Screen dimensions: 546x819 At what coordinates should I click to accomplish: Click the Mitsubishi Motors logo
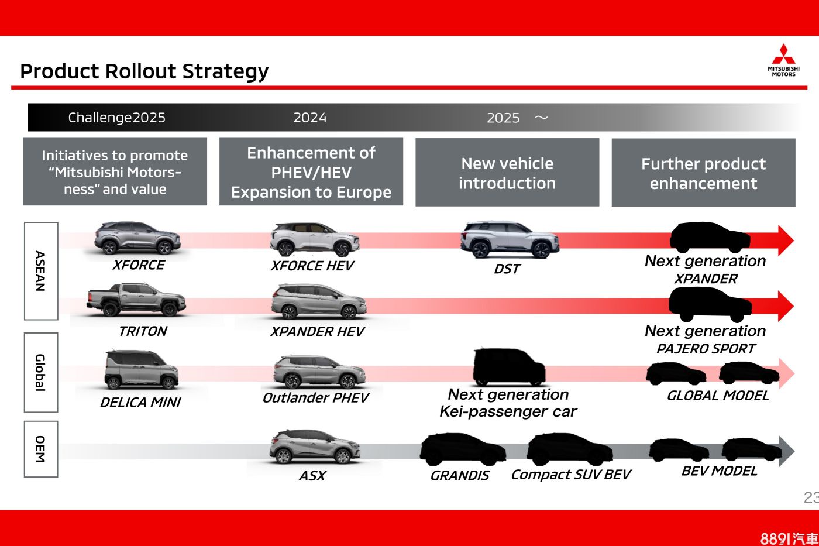(x=783, y=60)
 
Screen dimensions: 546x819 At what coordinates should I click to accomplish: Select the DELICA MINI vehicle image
(x=141, y=370)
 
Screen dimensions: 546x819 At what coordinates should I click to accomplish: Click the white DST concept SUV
(x=509, y=239)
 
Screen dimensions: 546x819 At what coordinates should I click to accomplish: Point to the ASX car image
(x=315, y=447)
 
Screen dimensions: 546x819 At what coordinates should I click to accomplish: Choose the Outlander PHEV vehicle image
(x=319, y=372)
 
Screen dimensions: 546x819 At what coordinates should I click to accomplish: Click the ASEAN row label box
(x=40, y=271)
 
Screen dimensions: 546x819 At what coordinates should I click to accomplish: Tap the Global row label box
(x=40, y=372)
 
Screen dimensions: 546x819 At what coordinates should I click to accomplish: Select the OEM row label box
(x=40, y=449)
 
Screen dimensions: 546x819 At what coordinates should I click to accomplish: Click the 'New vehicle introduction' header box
(x=507, y=173)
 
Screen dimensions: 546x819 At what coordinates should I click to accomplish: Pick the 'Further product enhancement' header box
(x=703, y=173)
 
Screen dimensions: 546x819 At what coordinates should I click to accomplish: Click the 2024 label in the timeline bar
(x=310, y=118)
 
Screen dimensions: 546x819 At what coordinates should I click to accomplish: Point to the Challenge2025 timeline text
(x=116, y=118)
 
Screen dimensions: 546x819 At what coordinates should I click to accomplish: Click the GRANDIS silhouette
(x=462, y=449)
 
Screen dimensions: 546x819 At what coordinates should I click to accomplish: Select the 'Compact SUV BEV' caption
(x=571, y=475)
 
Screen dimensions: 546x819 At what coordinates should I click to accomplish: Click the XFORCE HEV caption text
(x=312, y=266)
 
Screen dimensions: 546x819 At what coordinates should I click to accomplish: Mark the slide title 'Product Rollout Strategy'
(x=144, y=71)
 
